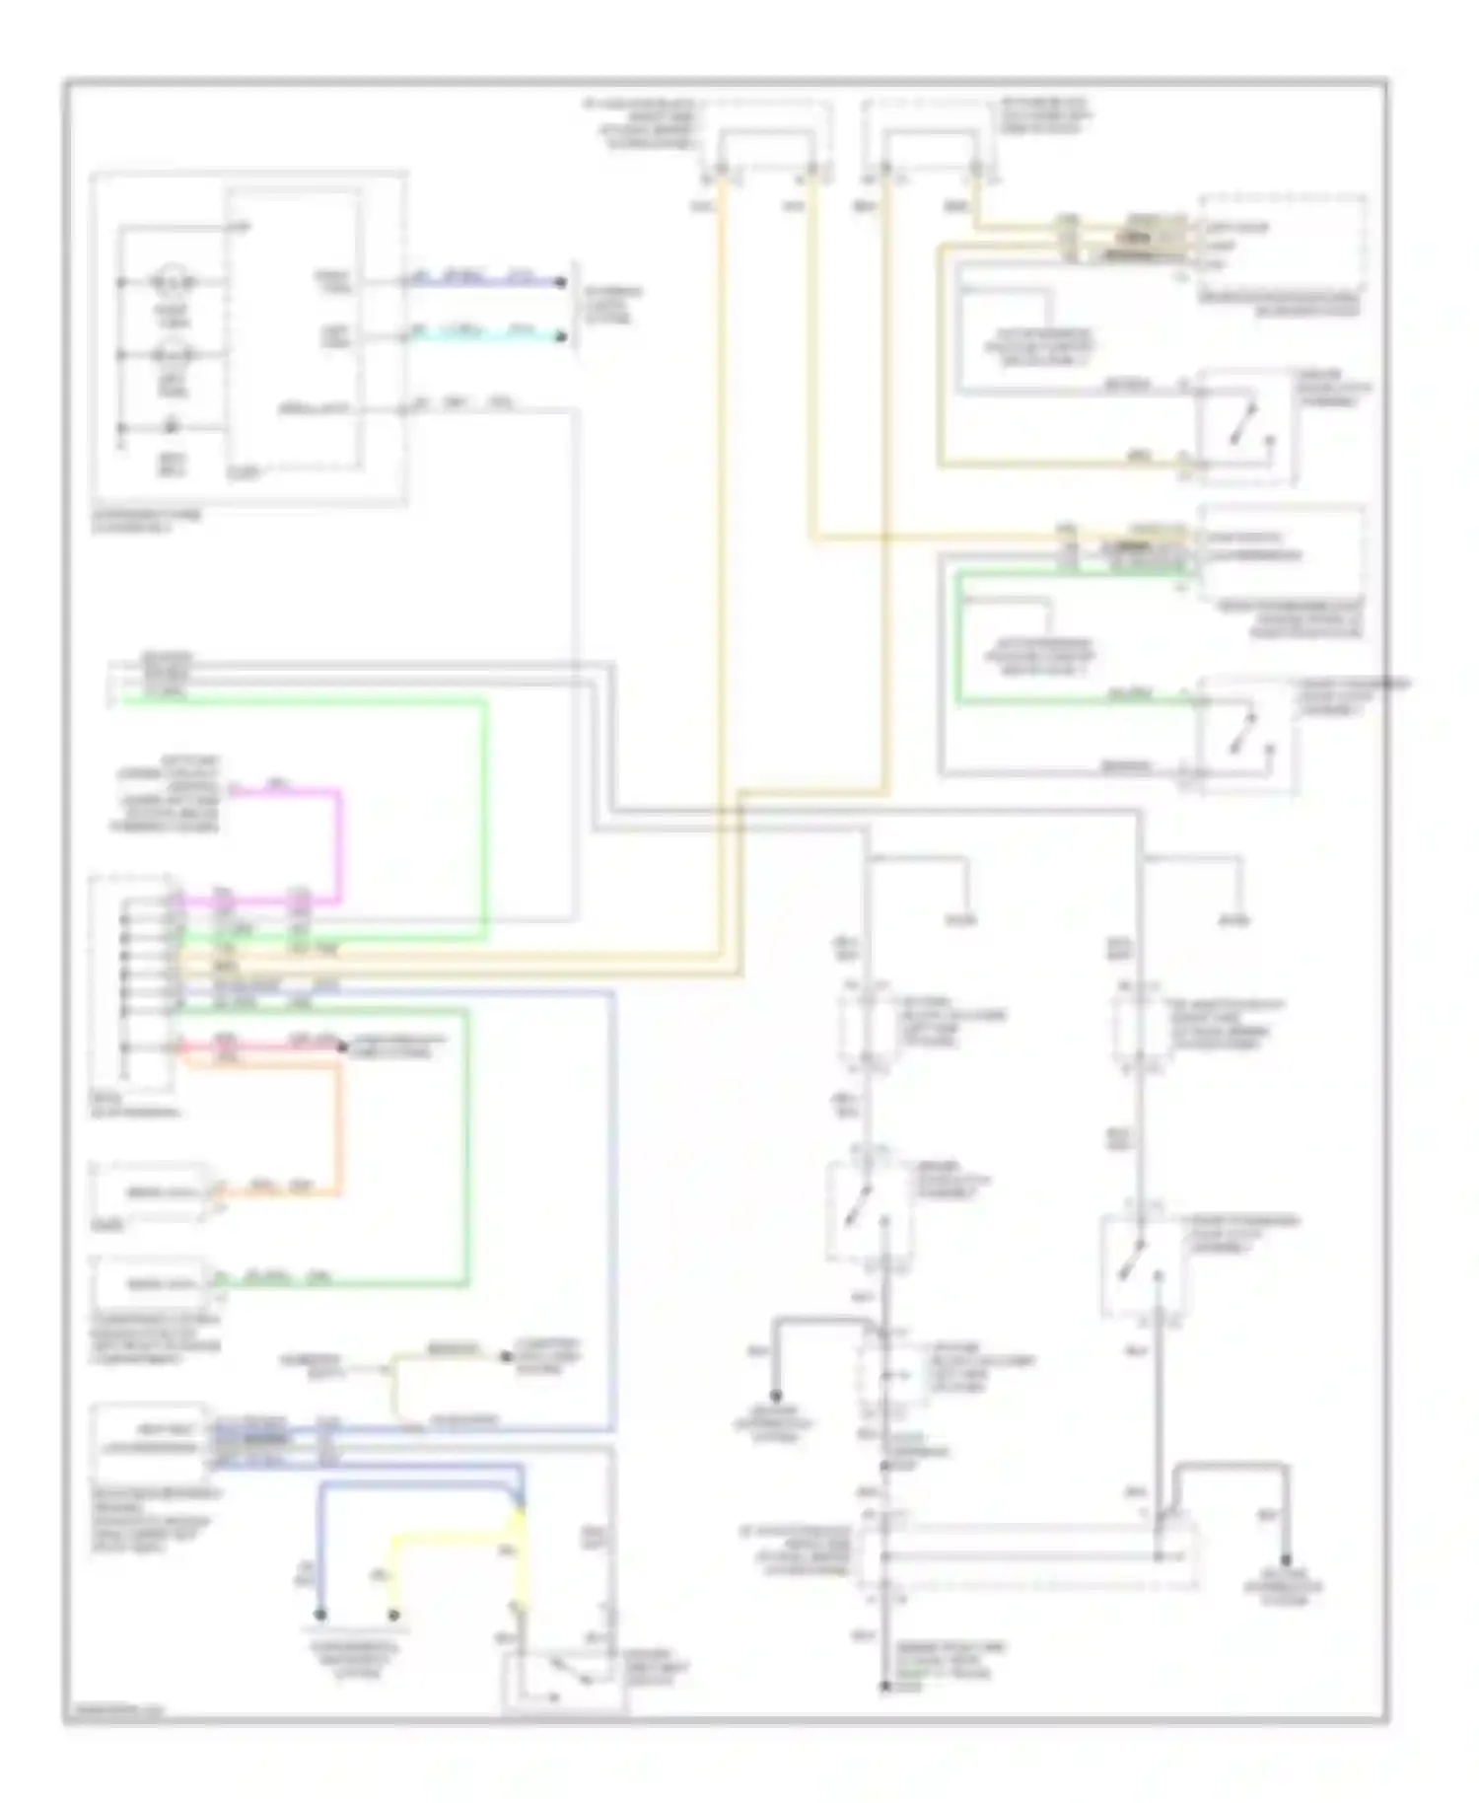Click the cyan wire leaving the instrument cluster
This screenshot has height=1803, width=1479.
[483, 336]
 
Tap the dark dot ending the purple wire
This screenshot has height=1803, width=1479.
[561, 283]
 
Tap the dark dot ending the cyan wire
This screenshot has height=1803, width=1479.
[561, 337]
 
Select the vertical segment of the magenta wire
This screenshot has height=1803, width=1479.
[340, 844]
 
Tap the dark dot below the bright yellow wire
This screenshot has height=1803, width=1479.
[393, 1615]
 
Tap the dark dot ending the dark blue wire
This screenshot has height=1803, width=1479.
[320, 1615]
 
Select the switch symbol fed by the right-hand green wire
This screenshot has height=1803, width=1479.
[1246, 730]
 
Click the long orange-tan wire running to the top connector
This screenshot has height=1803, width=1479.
[723, 592]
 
